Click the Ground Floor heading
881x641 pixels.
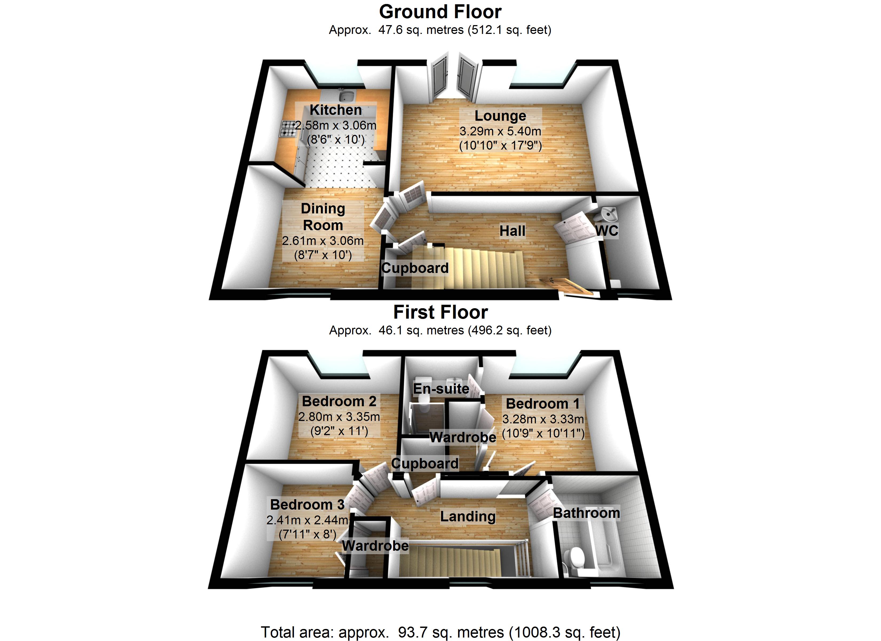point(440,12)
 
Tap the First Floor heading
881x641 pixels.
point(440,312)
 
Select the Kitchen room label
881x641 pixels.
point(336,110)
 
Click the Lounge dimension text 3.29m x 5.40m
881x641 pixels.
point(500,131)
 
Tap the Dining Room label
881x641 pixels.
point(323,217)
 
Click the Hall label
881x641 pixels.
point(512,231)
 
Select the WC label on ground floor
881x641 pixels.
point(606,231)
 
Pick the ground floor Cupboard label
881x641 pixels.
point(415,268)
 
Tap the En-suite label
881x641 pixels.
point(441,389)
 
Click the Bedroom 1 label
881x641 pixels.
point(543,404)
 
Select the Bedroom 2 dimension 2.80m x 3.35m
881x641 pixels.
point(339,417)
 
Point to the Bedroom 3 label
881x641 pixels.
point(307,505)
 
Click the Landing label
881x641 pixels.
point(468,516)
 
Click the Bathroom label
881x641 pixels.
point(586,513)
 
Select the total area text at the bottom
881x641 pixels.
point(440,632)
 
